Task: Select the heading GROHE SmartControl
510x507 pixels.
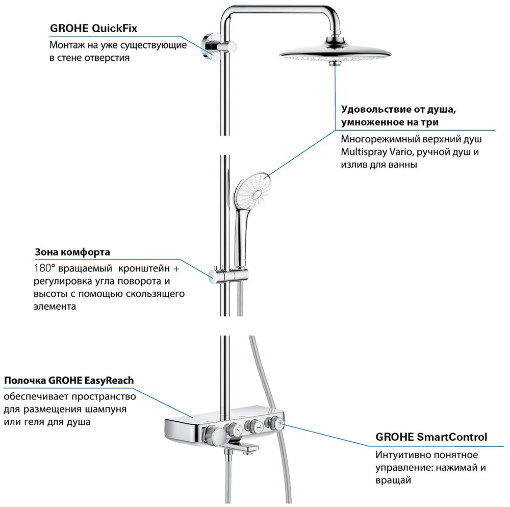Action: click(431, 437)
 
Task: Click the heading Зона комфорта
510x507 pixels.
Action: click(72, 252)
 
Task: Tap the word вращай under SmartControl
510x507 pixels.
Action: click(393, 480)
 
